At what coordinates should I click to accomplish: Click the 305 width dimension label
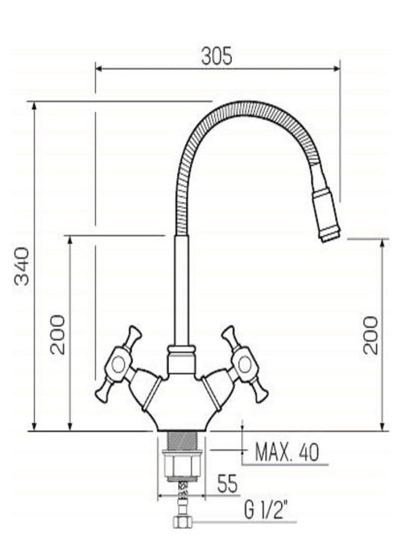click(217, 56)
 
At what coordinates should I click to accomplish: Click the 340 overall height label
click(22, 266)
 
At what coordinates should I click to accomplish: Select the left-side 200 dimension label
click(58, 335)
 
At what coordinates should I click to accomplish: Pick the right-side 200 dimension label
click(371, 335)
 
